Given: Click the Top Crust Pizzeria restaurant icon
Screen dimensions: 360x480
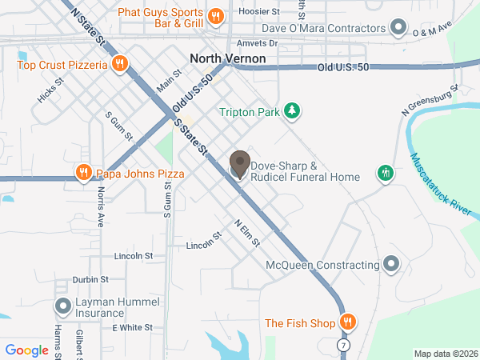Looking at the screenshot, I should (x=118, y=64).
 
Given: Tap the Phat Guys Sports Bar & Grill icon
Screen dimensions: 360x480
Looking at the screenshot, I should (x=214, y=16).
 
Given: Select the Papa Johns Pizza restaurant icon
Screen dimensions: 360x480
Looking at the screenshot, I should (x=83, y=174).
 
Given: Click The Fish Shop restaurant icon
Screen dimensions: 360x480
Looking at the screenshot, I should (x=347, y=323).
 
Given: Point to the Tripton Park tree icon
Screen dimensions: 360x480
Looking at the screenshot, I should (x=294, y=112).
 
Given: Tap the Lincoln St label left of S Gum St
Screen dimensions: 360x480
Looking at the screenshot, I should (x=134, y=256).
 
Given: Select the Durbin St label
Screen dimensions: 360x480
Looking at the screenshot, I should (x=90, y=280).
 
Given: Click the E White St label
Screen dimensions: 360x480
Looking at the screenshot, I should (x=132, y=328).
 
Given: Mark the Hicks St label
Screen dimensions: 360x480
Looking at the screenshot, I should (x=50, y=94).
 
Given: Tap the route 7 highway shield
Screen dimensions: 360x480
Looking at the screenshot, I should (x=342, y=344).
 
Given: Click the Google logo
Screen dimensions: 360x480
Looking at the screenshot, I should (x=27, y=350).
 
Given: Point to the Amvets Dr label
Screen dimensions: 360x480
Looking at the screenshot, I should (x=257, y=43).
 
